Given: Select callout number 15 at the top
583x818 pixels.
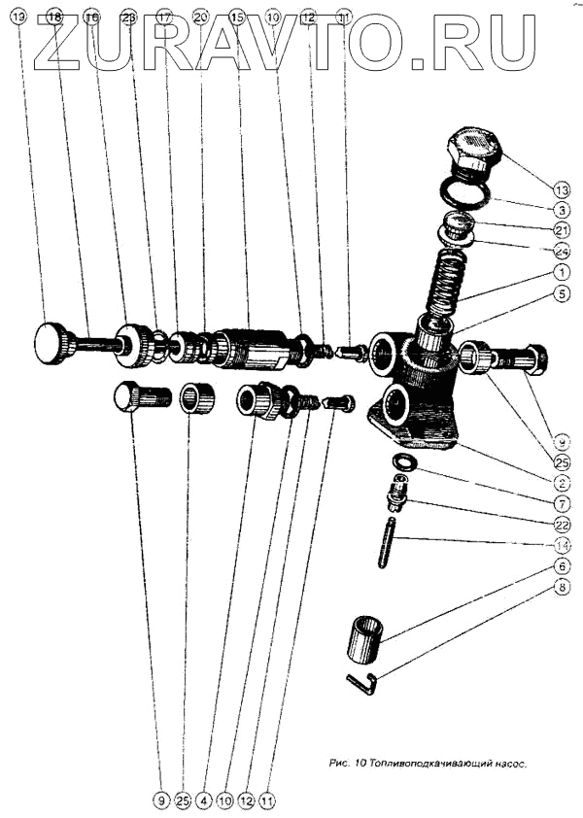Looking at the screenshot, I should [x=236, y=17].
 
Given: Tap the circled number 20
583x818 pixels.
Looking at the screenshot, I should [x=200, y=17].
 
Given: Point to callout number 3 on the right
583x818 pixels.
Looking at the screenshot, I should [x=563, y=209].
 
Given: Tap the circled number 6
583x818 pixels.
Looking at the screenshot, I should [x=563, y=565].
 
